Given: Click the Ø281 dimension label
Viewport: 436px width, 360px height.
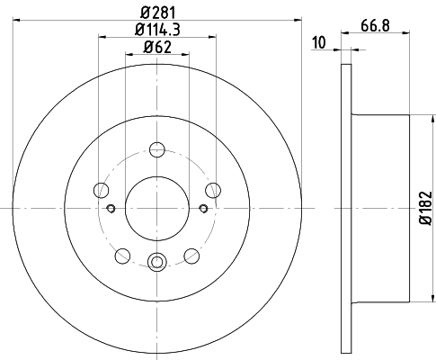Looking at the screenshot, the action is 157,13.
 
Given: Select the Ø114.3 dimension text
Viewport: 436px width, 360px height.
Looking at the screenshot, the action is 157,30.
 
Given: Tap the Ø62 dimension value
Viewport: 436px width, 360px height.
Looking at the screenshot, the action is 157,47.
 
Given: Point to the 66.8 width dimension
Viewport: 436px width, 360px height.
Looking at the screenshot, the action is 375,25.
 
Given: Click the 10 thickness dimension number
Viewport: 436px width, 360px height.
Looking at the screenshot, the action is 319,42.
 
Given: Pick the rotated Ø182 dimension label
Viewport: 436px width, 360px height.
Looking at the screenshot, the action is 426,208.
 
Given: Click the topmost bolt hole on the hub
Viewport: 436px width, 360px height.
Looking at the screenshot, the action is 157,149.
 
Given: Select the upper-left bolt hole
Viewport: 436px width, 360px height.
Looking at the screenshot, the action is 101,190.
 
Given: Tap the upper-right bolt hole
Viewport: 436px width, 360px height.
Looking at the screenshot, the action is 213,190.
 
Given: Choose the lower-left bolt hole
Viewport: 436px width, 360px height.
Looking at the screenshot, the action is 122,256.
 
